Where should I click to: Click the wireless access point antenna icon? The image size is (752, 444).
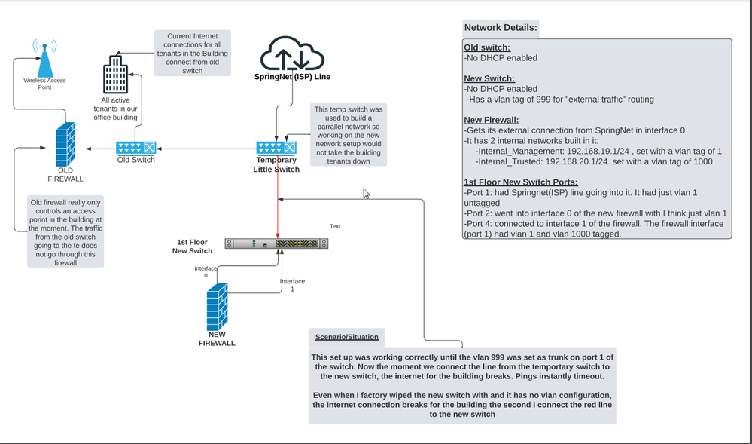click(x=44, y=56)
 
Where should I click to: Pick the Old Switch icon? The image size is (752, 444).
click(x=136, y=148)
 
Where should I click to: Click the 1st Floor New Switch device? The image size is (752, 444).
click(x=276, y=243)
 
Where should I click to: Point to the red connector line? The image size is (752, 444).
click(x=279, y=196)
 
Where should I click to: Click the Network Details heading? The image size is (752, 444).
click(x=501, y=28)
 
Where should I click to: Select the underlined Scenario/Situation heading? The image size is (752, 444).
click(x=346, y=336)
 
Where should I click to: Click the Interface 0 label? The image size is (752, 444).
click(x=206, y=271)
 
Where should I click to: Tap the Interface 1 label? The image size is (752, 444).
click(x=293, y=285)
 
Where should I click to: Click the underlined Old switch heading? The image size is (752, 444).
click(x=487, y=47)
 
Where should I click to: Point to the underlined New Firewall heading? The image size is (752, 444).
click(x=492, y=121)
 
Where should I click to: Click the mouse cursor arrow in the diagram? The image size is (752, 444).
click(x=367, y=194)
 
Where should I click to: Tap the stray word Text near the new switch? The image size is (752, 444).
click(x=336, y=226)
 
